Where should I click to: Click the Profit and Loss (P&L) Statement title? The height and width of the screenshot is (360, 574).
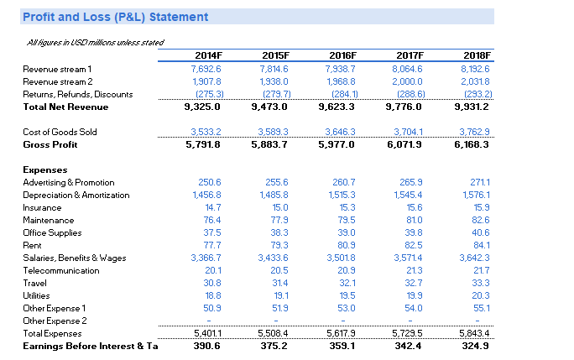[x=116, y=17]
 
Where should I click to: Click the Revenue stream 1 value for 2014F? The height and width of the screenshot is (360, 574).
[x=206, y=69]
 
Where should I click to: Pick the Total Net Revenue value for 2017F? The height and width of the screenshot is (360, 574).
[x=407, y=107]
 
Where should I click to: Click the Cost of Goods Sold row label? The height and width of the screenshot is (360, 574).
[x=60, y=132]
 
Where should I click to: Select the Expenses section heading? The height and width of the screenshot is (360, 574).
[x=46, y=170]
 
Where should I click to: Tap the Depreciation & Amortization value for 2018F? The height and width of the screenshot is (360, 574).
[x=476, y=195]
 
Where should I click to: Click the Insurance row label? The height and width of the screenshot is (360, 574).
[x=41, y=207]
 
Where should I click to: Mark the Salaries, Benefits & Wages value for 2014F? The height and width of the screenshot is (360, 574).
[x=206, y=258]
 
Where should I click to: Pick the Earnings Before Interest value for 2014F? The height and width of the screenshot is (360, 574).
[x=206, y=346]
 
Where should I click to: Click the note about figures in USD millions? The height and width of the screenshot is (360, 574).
[x=95, y=42]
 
